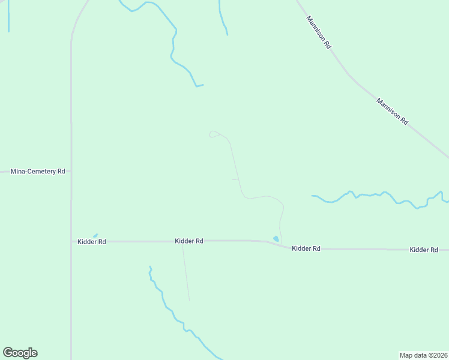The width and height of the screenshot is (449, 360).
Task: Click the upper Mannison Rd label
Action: click(319, 32)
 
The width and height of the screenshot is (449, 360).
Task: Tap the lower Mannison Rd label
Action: click(393, 111)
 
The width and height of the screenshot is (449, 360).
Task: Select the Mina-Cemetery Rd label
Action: click(38, 172)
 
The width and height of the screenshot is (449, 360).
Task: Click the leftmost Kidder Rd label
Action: click(92, 242)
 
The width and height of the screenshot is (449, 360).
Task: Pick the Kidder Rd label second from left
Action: click(189, 241)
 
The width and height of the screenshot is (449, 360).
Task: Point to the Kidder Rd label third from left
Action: click(306, 248)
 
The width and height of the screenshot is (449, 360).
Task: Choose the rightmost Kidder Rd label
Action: click(424, 250)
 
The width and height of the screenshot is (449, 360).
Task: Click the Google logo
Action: click(20, 353)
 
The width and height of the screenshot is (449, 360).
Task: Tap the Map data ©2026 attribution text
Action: click(424, 355)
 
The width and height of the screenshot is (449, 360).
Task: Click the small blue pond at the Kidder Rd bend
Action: click(276, 239)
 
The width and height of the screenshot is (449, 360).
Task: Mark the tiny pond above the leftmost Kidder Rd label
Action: click(95, 235)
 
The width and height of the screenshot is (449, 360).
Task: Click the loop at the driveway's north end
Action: click(212, 134)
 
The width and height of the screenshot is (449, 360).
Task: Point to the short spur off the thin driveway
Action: click(235, 179)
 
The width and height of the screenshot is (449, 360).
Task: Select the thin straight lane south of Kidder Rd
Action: click(185, 273)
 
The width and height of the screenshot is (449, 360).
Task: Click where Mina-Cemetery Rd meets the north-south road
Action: click(71, 172)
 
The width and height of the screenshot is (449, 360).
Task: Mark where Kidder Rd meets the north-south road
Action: click(71, 242)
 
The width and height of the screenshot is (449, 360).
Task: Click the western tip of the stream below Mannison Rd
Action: click(312, 196)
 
